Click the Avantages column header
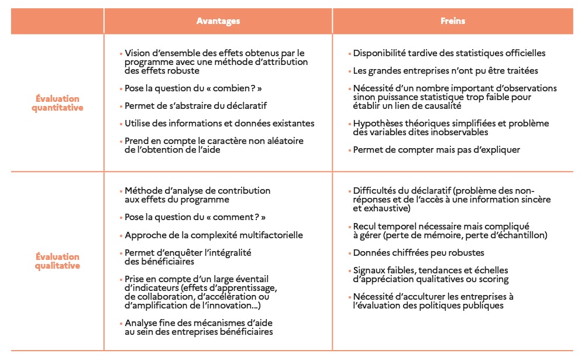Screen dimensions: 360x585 click(x=218, y=21)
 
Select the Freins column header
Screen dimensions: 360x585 click(x=453, y=21)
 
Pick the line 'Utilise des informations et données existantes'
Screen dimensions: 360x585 click(x=219, y=124)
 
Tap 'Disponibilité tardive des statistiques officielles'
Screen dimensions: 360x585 click(x=449, y=53)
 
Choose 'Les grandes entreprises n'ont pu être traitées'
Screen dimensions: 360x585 click(x=445, y=71)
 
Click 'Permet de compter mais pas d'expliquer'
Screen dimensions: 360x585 click(x=436, y=150)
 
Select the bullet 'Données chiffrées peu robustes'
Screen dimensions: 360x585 click(x=418, y=253)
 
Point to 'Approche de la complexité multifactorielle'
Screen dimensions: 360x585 click(x=214, y=235)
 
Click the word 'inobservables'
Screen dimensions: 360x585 click(x=446, y=132)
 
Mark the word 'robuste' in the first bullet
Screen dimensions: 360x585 click(x=184, y=71)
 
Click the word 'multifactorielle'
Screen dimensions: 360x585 click(x=270, y=235)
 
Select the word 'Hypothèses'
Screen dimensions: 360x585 click(x=375, y=124)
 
